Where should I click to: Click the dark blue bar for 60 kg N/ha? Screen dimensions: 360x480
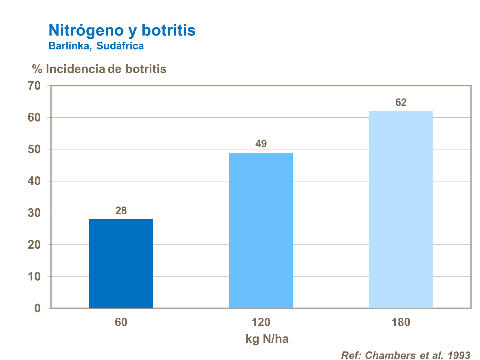[121, 264]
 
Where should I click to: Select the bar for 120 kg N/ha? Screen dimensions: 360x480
[261, 230]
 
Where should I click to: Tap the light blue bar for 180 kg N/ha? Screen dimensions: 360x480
[401, 210]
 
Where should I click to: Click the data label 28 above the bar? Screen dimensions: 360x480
[121, 211]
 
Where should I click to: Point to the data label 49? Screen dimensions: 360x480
[261, 144]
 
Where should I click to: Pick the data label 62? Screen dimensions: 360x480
[401, 102]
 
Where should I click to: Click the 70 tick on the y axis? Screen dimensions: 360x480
[34, 86]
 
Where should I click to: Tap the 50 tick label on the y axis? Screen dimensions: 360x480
[34, 149]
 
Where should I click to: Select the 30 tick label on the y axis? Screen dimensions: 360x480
[34, 213]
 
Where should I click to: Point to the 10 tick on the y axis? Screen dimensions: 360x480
[34, 276]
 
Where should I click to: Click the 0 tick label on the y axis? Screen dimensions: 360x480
[37, 308]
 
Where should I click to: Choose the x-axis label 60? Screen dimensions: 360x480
[121, 322]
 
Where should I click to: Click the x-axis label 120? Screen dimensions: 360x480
[261, 322]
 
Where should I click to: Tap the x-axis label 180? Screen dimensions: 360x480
[401, 322]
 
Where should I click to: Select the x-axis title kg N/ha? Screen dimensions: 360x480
[267, 339]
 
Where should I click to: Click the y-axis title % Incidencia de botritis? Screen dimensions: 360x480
[99, 69]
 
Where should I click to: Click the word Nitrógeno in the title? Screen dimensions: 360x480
[86, 30]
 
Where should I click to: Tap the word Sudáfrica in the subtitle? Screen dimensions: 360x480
[120, 46]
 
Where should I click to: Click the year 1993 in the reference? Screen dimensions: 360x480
[459, 355]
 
